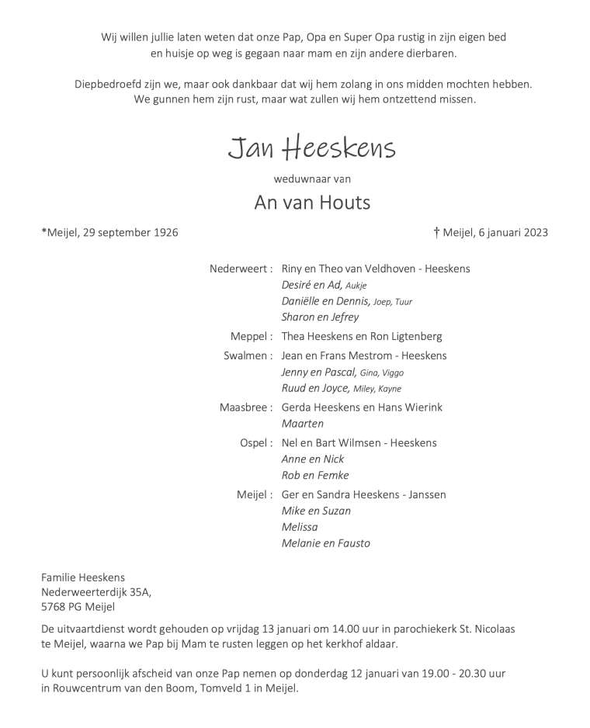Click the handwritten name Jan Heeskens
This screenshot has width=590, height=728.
311,147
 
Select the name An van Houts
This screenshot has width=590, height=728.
312,203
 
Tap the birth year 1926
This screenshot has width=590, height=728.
166,232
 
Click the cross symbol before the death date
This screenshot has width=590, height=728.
436,232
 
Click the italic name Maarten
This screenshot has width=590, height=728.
302,424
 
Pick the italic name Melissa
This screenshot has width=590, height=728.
300,527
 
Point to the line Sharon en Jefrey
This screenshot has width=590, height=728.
320,317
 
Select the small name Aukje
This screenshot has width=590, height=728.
356,286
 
